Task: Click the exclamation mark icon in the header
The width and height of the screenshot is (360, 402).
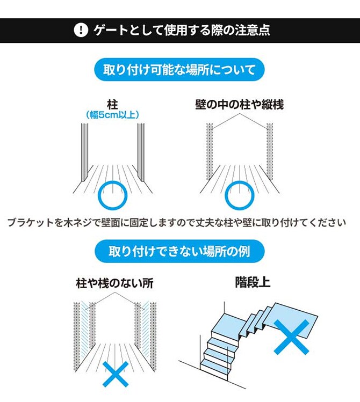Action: click(80, 30)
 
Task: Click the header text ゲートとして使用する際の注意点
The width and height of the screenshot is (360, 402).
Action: click(181, 30)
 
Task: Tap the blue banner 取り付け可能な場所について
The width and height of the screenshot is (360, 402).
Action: click(179, 70)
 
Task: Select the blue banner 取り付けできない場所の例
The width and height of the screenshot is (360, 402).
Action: click(179, 250)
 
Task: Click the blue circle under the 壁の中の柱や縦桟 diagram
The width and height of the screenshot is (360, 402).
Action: click(239, 195)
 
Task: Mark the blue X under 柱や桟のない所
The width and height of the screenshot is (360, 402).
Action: click(115, 374)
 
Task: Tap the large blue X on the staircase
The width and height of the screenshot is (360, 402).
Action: click(292, 337)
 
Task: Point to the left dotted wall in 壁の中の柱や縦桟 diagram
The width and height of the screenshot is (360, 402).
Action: click(210, 153)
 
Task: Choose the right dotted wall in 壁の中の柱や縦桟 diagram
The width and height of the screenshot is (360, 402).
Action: click(270, 153)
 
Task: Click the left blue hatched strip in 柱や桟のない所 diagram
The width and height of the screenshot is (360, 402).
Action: click(85, 327)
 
